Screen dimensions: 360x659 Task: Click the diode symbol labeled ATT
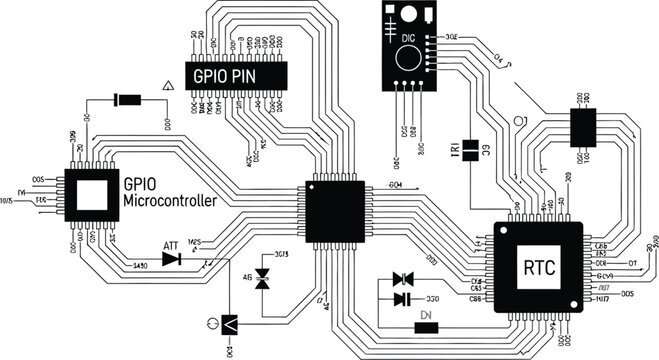click(171, 259)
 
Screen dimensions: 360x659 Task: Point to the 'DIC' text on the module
click(407, 37)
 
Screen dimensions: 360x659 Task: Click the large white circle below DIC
click(407, 58)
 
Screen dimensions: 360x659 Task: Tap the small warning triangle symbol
click(167, 88)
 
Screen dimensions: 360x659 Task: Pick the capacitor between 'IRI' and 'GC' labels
click(469, 150)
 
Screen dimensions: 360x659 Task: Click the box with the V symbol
click(229, 325)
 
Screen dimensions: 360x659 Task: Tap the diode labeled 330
click(402, 298)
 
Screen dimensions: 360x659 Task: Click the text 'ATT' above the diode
click(170, 245)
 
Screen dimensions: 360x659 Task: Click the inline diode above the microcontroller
click(127, 99)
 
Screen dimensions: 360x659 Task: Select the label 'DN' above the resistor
click(426, 315)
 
